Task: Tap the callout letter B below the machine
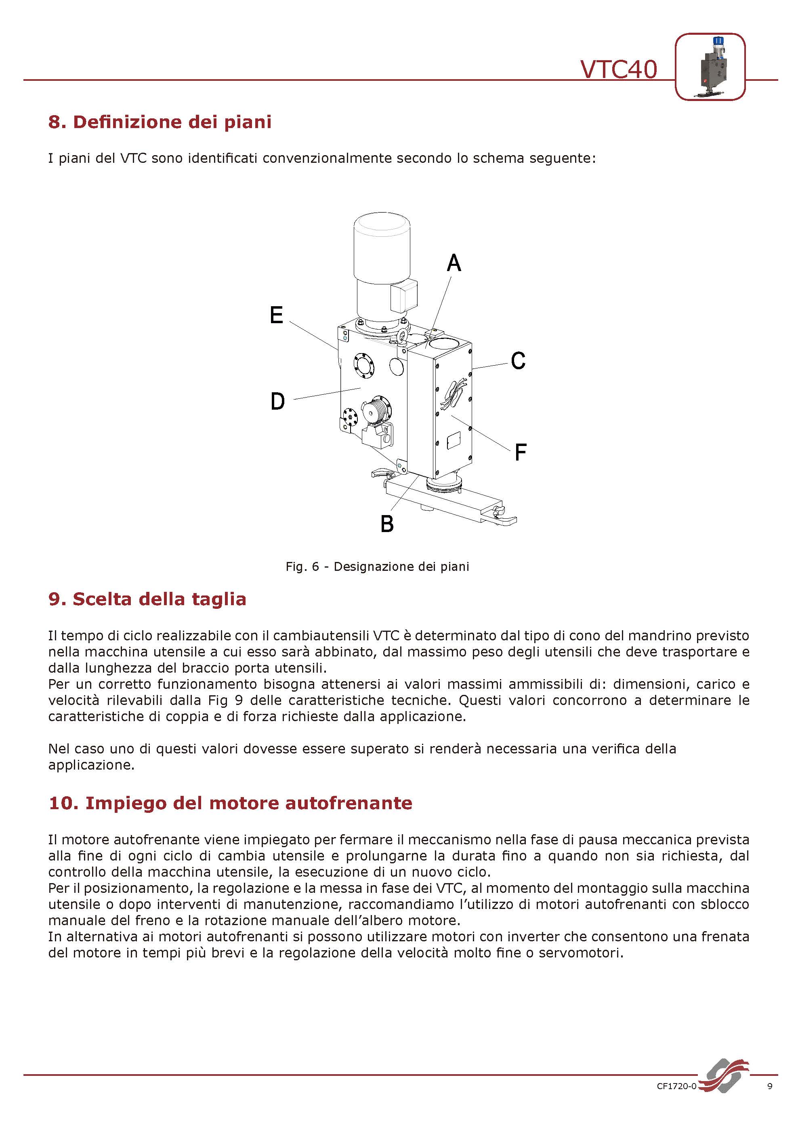pyautogui.click(x=387, y=524)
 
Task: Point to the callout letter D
pyautogui.click(x=277, y=401)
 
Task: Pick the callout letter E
pyautogui.click(x=277, y=315)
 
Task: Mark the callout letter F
pyautogui.click(x=521, y=452)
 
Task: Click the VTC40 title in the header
pyautogui.click(x=618, y=69)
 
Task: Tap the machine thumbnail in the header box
pyautogui.click(x=710, y=67)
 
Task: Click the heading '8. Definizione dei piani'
pyautogui.click(x=160, y=122)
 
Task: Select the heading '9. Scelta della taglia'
pyautogui.click(x=147, y=599)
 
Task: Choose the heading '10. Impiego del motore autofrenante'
pyautogui.click(x=230, y=803)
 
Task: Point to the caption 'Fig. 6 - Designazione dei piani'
pyautogui.click(x=377, y=566)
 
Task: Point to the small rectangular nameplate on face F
pyautogui.click(x=454, y=440)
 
